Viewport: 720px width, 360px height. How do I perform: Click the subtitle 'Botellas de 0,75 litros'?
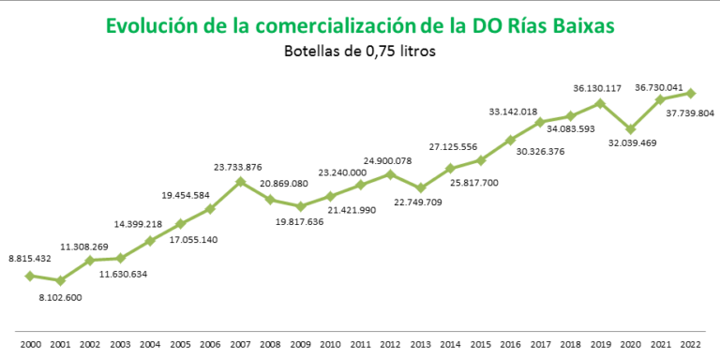(360, 52)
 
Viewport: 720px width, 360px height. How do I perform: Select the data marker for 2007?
(240, 181)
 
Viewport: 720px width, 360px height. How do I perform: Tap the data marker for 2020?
(631, 129)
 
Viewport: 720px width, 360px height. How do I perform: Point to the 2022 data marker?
(691, 93)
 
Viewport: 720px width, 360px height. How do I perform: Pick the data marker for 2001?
(61, 280)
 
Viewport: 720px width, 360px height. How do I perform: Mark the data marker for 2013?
(421, 187)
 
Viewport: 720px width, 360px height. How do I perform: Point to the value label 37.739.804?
(691, 112)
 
